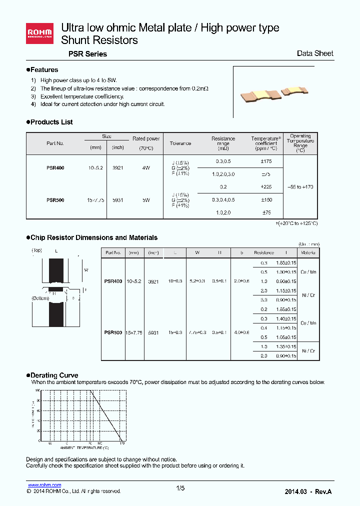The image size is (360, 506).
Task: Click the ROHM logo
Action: pos(40,33)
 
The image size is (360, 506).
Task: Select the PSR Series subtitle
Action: pos(83,54)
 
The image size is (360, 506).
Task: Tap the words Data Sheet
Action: pos(314,53)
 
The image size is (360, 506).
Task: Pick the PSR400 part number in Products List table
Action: pos(55,168)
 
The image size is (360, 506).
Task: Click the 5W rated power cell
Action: pos(146,200)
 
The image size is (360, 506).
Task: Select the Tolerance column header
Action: pos(180,143)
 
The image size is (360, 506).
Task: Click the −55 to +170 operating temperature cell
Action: pos(300,186)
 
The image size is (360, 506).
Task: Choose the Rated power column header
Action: pos(146,139)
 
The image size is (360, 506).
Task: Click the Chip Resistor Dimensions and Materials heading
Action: pos(94,238)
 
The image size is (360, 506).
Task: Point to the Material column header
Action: pos(308,253)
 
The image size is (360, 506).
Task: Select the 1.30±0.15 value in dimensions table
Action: pos(286,271)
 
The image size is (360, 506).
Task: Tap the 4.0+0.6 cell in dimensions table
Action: pos(242,332)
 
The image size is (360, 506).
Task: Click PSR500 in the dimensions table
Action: pos(113,332)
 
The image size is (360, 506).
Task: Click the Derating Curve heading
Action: pos(54,375)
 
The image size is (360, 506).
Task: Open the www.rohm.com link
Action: pos(44,485)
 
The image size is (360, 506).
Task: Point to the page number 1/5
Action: pos(180,488)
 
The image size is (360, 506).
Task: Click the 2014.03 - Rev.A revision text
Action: pos(308,492)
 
